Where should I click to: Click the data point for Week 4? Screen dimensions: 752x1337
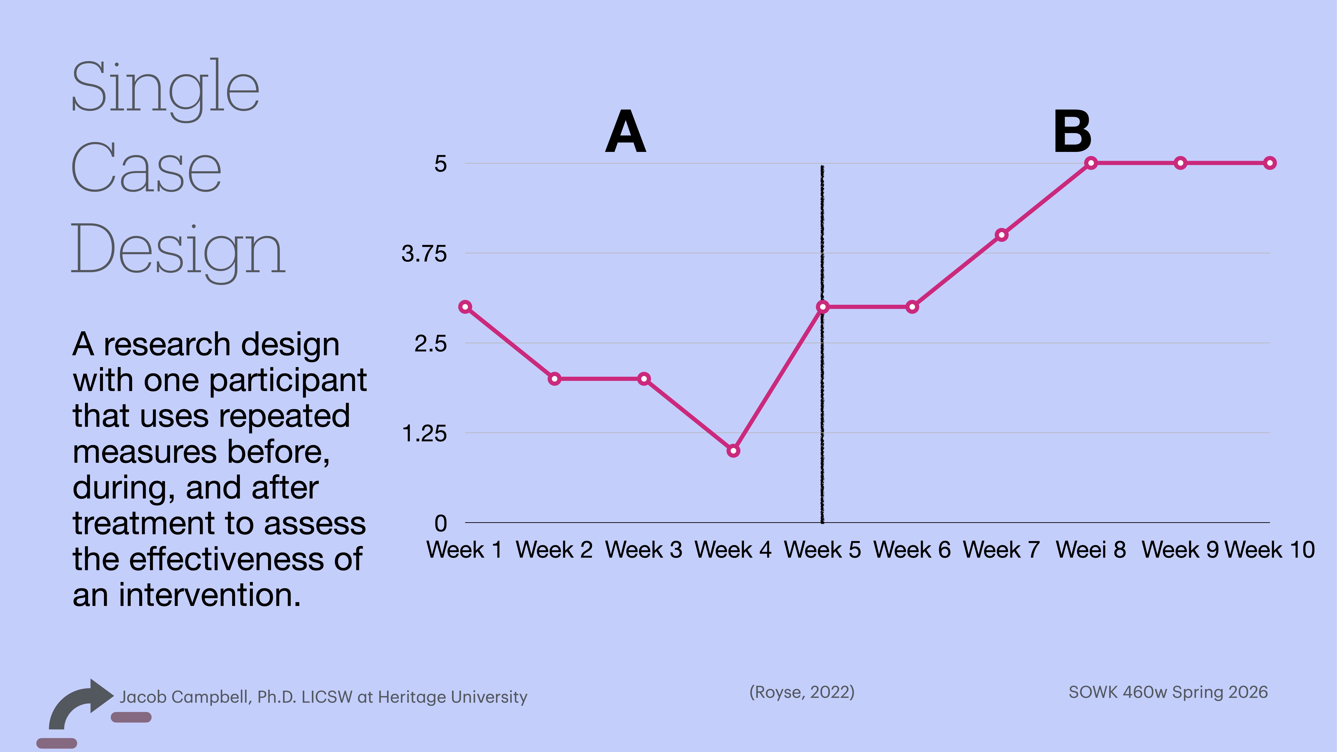[733, 451]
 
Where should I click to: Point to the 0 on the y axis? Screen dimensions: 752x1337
[440, 523]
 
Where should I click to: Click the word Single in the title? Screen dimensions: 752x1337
[165, 88]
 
